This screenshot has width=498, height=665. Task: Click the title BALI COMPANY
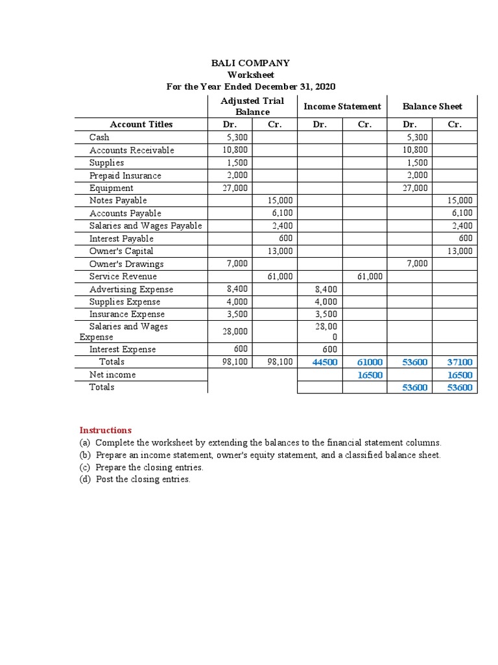(x=251, y=63)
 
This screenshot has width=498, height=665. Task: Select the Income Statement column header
(x=342, y=106)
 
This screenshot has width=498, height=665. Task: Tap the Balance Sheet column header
(x=432, y=106)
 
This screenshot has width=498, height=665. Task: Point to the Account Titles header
(x=141, y=124)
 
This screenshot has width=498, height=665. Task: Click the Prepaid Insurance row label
(x=125, y=175)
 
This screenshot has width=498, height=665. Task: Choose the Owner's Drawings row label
(x=126, y=264)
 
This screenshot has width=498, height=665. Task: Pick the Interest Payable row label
(x=121, y=238)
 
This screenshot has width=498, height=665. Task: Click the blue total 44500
(x=325, y=362)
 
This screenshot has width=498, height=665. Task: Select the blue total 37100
(x=460, y=362)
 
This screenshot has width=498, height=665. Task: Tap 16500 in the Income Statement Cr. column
(x=370, y=375)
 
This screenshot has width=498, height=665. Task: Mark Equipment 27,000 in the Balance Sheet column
(x=416, y=188)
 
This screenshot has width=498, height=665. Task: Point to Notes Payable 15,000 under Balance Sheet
(x=460, y=201)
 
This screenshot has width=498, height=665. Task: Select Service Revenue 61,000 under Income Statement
(x=370, y=277)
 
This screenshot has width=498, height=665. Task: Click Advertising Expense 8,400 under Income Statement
(x=326, y=289)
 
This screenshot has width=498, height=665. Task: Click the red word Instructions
(x=105, y=430)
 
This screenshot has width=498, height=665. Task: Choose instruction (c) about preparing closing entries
(x=141, y=467)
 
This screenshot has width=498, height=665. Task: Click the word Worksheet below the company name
(x=251, y=75)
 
